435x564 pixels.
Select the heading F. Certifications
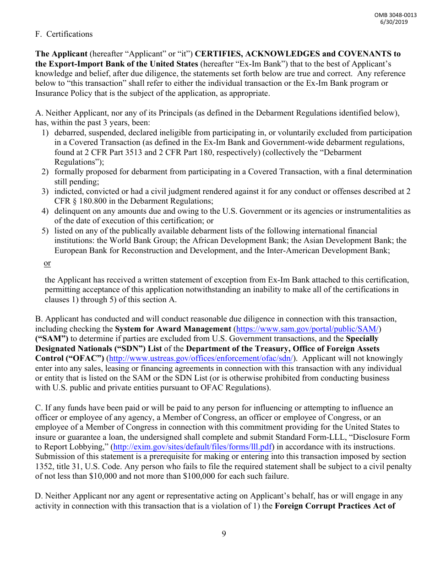(x=64, y=34)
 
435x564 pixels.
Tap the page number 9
(x=223, y=533)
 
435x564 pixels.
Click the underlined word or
(x=47, y=263)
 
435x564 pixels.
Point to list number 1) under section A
(x=45, y=133)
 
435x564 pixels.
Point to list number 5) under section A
(x=45, y=231)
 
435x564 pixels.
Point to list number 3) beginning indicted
(x=45, y=191)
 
